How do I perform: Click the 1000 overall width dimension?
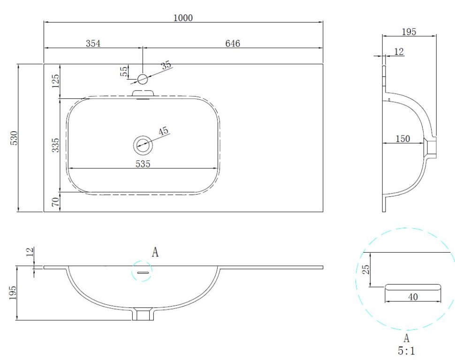point(183,18)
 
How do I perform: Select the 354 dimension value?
point(93,44)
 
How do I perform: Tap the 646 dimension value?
point(233,44)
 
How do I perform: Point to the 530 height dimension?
point(14,138)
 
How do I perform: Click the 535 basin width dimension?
point(143,164)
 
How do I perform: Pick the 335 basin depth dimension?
point(55,145)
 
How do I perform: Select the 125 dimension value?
point(55,81)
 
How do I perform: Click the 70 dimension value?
point(55,201)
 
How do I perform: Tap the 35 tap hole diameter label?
point(166,65)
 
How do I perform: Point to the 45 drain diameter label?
point(163,131)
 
